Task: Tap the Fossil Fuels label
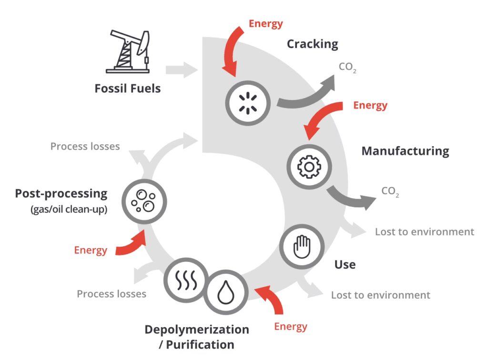click(127, 89)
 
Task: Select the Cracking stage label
click(312, 44)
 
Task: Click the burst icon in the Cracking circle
click(247, 102)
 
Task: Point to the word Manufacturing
click(405, 151)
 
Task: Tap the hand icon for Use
click(301, 247)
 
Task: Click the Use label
click(345, 264)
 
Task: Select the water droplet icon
click(224, 292)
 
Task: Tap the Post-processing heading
click(61, 194)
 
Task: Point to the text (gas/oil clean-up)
click(69, 209)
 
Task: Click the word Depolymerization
click(196, 330)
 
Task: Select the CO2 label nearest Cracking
click(348, 67)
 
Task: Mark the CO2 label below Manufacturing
click(390, 192)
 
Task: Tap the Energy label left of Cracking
click(266, 23)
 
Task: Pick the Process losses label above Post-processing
click(85, 146)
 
